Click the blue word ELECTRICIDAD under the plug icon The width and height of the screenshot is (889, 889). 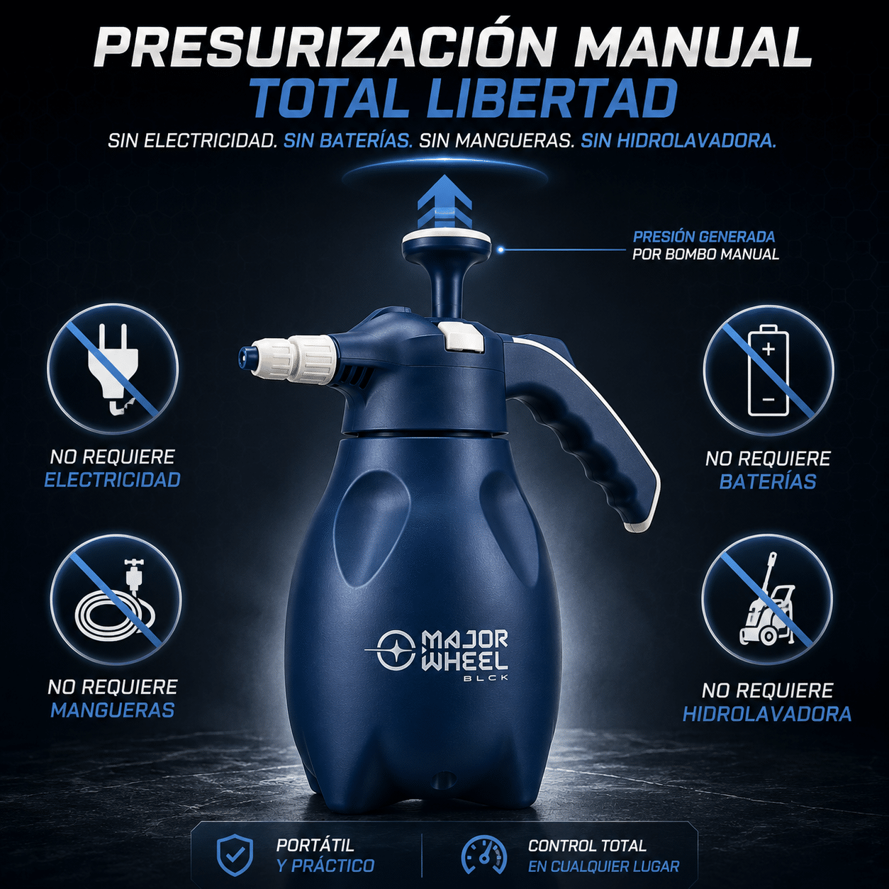112,480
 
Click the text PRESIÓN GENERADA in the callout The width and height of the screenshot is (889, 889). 703,237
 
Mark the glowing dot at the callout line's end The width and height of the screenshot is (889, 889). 501,250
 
